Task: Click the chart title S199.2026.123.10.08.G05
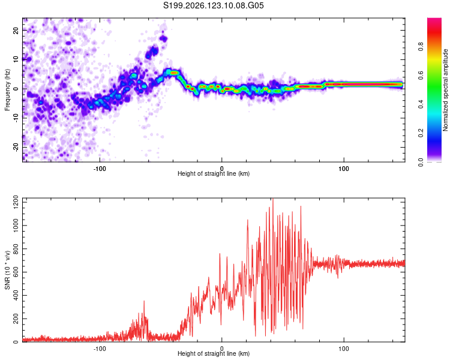click(x=213, y=5)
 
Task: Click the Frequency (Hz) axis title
click(x=7, y=89)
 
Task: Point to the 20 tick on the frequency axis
click(x=16, y=30)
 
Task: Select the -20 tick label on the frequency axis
click(x=16, y=148)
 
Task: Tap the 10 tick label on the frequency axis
click(x=16, y=59)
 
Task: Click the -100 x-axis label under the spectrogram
click(x=100, y=169)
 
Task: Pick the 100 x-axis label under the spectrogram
click(x=344, y=169)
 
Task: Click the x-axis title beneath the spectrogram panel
click(x=214, y=173)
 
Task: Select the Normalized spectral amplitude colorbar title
click(x=445, y=90)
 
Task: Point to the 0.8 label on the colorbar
click(x=421, y=46)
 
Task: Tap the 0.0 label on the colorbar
click(x=421, y=162)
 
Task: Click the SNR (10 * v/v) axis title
click(x=7, y=270)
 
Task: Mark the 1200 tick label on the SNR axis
click(x=16, y=202)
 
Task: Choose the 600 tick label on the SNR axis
click(x=16, y=272)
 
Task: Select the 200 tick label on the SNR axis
click(x=16, y=319)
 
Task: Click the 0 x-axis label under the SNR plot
click(x=221, y=349)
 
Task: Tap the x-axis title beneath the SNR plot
click(x=214, y=353)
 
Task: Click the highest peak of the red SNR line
click(x=272, y=199)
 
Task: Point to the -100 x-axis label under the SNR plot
click(x=100, y=349)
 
